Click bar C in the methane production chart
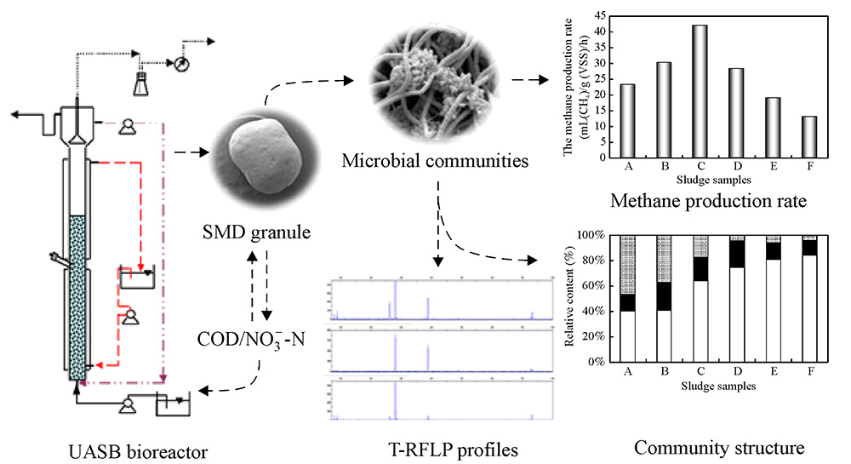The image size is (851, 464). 699,91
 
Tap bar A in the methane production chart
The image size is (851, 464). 627,120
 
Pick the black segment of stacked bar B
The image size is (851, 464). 664,295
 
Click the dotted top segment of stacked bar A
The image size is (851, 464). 628,264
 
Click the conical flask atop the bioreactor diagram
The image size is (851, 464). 140,82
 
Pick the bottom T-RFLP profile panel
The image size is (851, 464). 435,398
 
